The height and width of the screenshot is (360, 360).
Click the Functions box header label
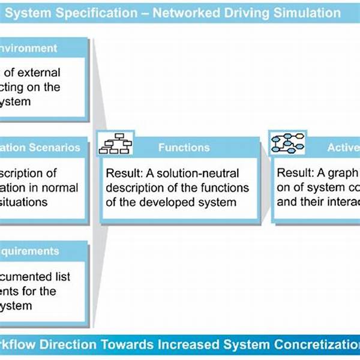184,147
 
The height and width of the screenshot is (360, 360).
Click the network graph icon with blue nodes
287,143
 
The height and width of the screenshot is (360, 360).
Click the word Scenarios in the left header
56,146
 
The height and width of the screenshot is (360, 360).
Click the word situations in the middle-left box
24,202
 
